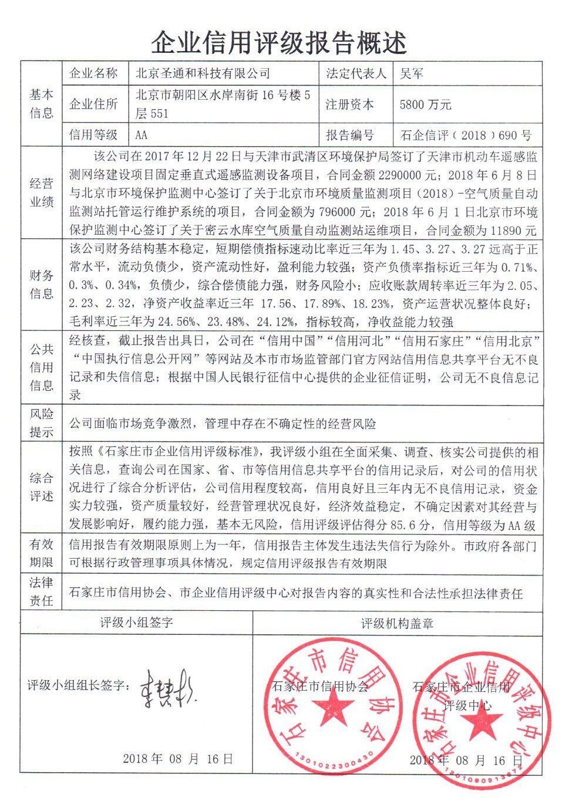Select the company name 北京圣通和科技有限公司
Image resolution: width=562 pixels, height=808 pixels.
click(203, 73)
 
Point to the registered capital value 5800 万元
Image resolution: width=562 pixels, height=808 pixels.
click(425, 104)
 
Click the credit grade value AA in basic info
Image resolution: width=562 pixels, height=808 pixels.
click(141, 135)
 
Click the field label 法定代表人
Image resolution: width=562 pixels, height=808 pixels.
click(356, 73)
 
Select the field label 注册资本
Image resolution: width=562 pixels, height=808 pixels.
click(349, 104)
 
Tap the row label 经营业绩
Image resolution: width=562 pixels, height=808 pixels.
click(42, 192)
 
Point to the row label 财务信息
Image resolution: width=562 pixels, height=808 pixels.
click(42, 284)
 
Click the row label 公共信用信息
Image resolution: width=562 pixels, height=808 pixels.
click(42, 367)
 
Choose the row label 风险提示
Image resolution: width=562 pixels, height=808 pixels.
click(42, 422)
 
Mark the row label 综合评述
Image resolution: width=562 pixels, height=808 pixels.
click(42, 486)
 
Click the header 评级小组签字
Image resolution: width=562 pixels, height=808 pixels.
click(136, 622)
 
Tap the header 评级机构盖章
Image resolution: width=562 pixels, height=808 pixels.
click(397, 623)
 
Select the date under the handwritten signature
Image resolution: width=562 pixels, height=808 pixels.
click(177, 759)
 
